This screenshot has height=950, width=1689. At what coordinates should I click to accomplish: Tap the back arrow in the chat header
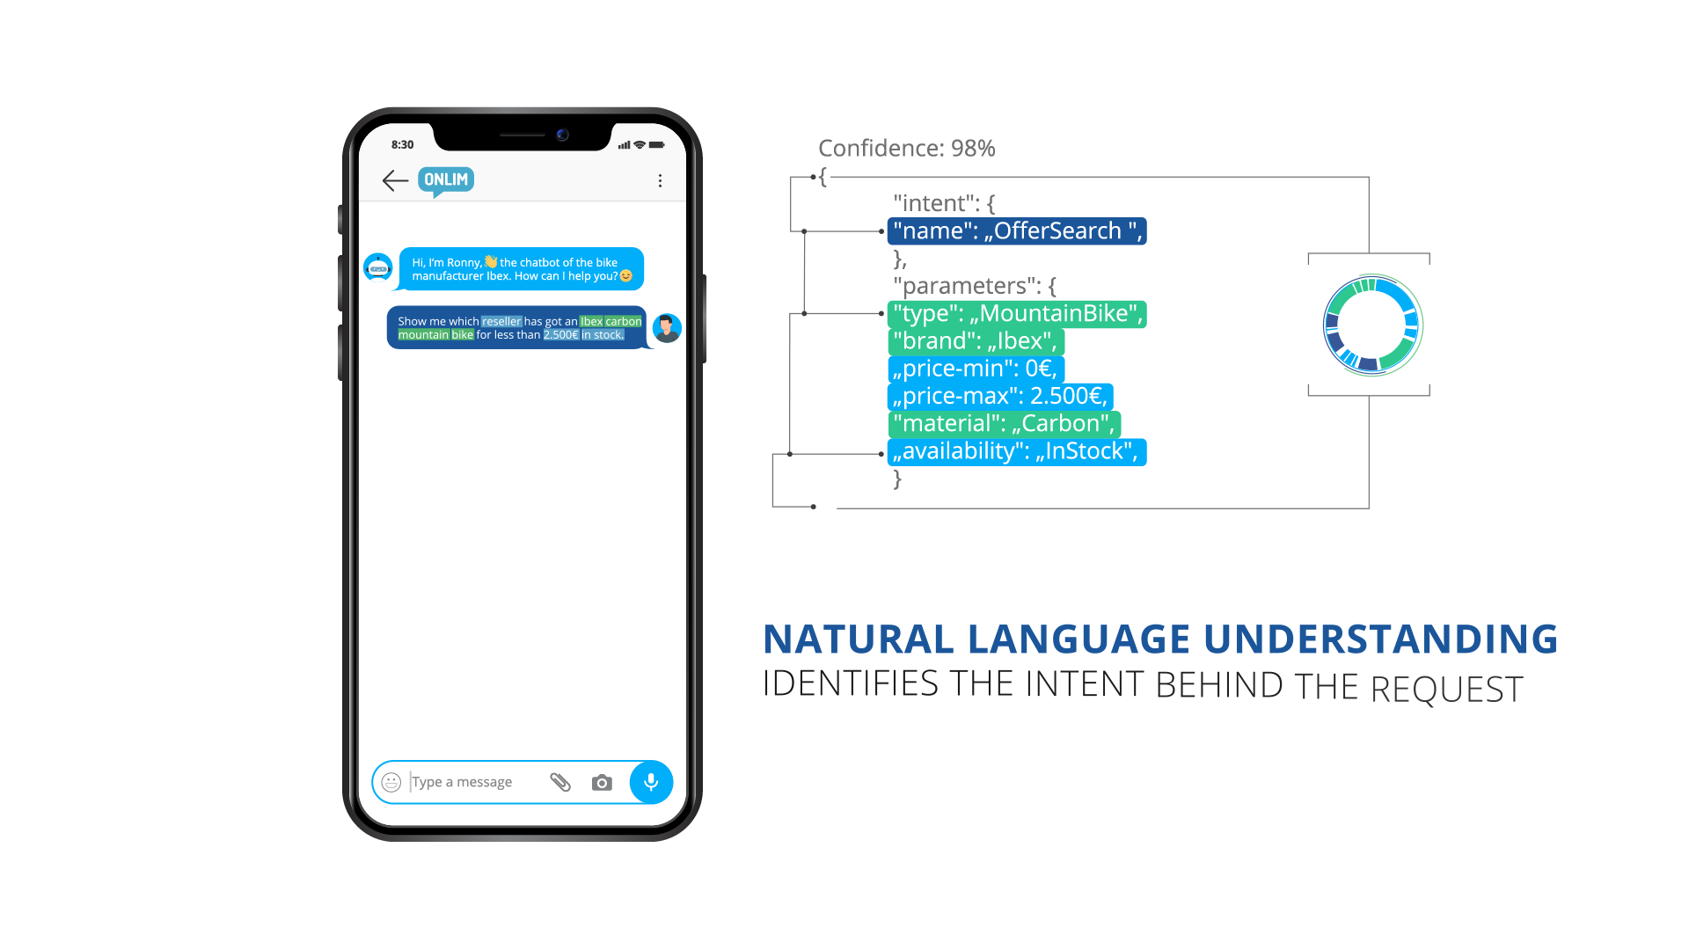(395, 180)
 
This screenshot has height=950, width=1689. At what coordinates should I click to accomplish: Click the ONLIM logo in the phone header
(446, 180)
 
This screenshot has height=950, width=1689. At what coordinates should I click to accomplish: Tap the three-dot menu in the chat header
(660, 180)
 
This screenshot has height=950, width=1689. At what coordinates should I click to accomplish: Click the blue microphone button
(651, 782)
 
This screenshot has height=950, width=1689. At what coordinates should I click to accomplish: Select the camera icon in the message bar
(602, 783)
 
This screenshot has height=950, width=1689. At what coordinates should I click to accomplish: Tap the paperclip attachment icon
(560, 782)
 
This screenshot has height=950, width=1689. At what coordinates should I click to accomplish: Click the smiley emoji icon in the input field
(391, 782)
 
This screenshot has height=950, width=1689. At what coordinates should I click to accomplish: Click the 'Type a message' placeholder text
(462, 782)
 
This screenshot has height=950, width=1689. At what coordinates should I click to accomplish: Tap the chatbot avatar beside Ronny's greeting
(378, 267)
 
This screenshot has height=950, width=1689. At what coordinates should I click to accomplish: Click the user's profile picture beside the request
(667, 328)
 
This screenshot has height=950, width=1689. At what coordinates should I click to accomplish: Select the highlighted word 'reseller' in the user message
(501, 321)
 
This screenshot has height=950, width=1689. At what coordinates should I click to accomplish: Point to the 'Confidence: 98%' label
(906, 148)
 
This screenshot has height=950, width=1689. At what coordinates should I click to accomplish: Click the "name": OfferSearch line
(1016, 231)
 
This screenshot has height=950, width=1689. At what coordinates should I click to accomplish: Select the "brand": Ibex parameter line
(975, 341)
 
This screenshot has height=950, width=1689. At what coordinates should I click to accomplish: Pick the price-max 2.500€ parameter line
(999, 396)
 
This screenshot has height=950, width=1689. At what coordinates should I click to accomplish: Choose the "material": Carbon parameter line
(1004, 424)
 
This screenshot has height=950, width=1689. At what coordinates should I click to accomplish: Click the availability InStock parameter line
(1016, 451)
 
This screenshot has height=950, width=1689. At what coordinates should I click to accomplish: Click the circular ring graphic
(1372, 325)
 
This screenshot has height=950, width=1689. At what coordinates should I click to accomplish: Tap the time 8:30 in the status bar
(402, 144)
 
